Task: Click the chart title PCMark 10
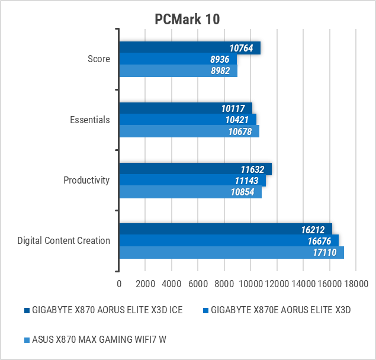(x=187, y=19)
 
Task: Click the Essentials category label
(x=90, y=120)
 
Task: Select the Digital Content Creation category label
(x=64, y=240)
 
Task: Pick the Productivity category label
(x=86, y=180)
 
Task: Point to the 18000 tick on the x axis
(x=355, y=284)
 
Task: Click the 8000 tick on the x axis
(x=224, y=284)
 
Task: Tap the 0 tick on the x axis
(x=120, y=284)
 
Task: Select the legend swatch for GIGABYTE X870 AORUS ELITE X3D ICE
(x=27, y=310)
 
